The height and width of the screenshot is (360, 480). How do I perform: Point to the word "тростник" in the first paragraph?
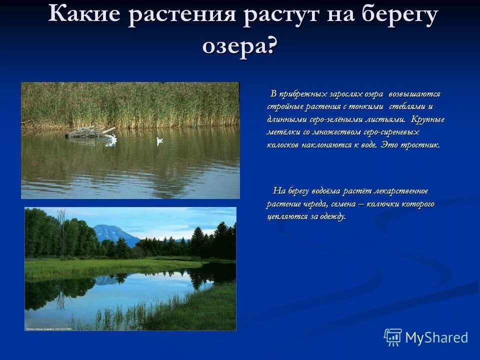point(423,145)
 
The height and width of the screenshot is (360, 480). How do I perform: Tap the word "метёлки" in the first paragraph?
point(282,132)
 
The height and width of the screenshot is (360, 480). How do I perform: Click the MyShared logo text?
point(436,337)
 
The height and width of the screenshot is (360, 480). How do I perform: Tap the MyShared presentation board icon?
point(393,337)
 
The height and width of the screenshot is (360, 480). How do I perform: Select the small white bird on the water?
point(159,141)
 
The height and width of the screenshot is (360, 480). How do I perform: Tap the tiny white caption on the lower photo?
point(48,328)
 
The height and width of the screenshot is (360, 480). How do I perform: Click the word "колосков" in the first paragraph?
point(283,145)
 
